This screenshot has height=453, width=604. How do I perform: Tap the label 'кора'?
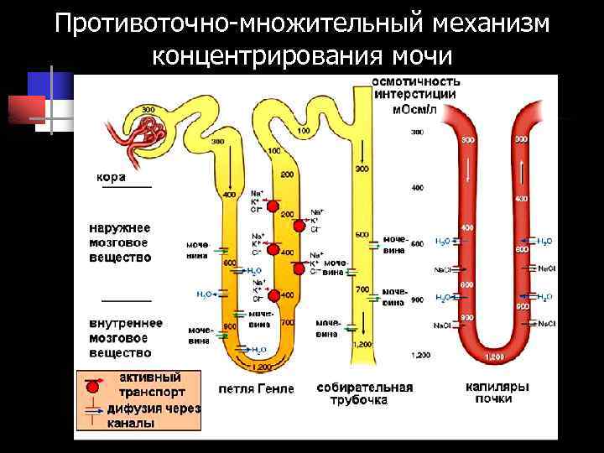click(x=112, y=177)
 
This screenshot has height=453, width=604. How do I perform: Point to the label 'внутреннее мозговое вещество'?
click(x=126, y=338)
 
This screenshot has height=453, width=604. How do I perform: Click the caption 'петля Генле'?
click(x=256, y=388)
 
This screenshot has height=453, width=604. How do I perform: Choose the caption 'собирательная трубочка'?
click(x=365, y=394)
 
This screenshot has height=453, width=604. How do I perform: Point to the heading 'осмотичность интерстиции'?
click(x=416, y=88)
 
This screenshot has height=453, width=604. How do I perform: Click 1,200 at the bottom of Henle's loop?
click(x=262, y=367)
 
